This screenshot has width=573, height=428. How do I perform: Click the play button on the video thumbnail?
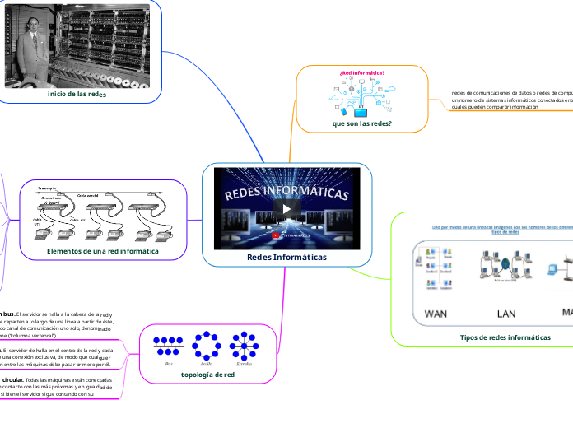(286, 208)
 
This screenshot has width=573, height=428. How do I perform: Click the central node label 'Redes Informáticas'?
(286, 257)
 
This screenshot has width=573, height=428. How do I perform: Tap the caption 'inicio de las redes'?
(77, 95)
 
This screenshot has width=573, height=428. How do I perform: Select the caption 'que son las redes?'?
(361, 123)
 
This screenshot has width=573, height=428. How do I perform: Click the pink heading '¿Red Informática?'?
(362, 72)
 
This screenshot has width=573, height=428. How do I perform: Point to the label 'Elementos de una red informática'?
(103, 250)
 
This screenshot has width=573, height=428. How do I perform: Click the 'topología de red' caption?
(207, 374)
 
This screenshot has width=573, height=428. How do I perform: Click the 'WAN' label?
(435, 314)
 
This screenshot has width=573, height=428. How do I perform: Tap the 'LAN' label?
(506, 314)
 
